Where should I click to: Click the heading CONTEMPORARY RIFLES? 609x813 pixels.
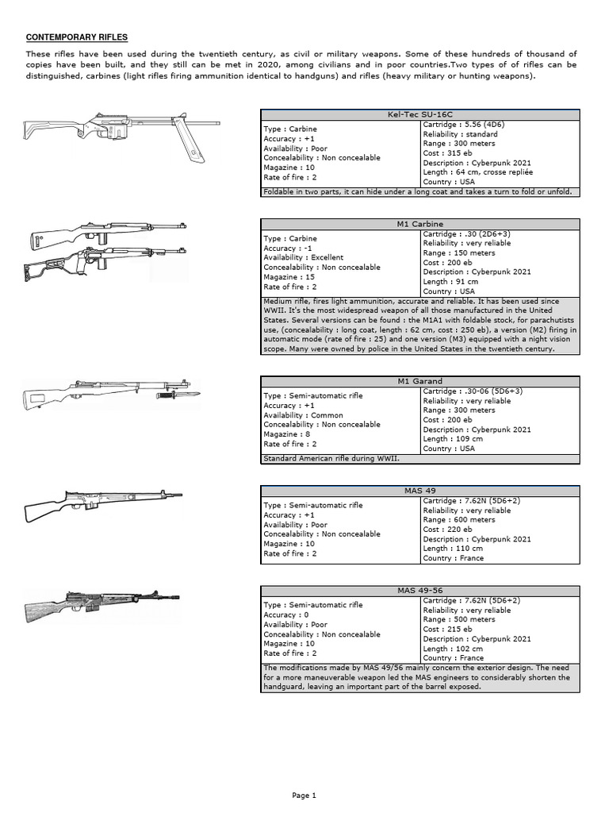pos(77,37)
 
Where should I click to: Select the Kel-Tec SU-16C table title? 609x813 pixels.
pos(420,114)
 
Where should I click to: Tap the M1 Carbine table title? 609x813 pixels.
pos(420,224)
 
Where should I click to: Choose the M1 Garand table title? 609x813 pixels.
pos(420,381)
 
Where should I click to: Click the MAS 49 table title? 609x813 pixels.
pos(420,491)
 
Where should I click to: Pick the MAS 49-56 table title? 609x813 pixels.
pos(420,590)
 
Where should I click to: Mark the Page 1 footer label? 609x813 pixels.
pos(304,795)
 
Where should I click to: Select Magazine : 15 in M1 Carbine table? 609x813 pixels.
pos(289,277)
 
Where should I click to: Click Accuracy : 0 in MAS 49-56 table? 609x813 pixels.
pos(287,615)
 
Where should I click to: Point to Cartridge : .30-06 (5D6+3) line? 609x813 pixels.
pos(473,391)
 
